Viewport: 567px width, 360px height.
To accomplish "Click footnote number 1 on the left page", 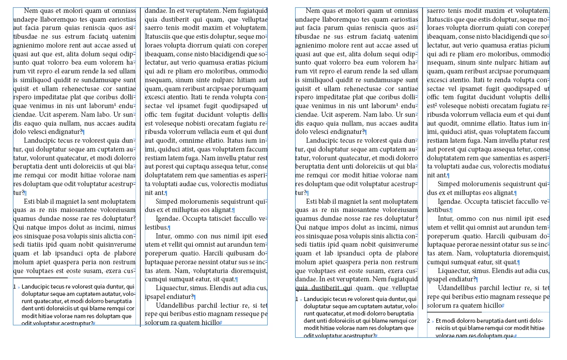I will tap(15, 286).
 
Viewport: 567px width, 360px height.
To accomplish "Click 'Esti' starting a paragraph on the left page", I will tap(31, 202).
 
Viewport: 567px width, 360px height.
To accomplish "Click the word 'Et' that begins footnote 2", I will tap(439, 320).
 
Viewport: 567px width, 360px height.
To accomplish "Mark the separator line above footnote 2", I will tap(454, 312).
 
